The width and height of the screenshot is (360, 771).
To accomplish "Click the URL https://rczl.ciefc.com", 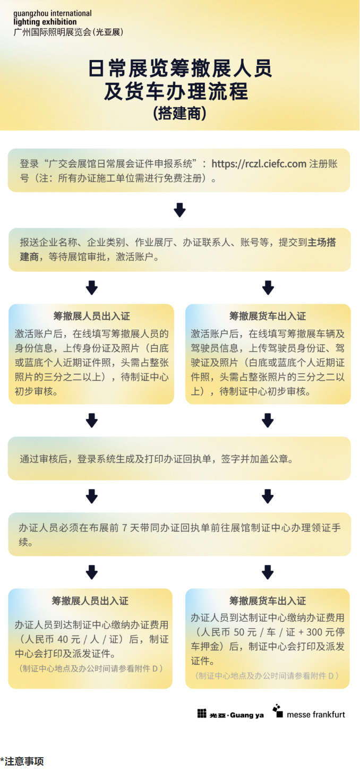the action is pyautogui.click(x=259, y=164).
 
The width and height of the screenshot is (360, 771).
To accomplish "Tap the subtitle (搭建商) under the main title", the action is pyautogui.click(x=179, y=113).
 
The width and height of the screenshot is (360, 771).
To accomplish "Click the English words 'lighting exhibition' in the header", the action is pyautogui.click(x=45, y=22).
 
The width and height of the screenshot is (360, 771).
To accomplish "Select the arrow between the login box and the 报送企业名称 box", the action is pyautogui.click(x=179, y=210).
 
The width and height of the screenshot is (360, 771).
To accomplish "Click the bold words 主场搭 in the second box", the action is pyautogui.click(x=322, y=242).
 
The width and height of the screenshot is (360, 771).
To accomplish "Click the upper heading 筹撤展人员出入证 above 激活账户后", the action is pyautogui.click(x=91, y=316).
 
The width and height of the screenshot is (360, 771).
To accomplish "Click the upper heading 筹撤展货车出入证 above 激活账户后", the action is pyautogui.click(x=268, y=316).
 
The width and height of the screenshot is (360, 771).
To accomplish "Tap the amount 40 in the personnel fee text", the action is pyautogui.click(x=63, y=639).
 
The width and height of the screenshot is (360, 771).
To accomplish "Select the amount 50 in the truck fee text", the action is pyautogui.click(x=239, y=632).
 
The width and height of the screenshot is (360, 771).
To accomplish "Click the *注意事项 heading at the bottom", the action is pyautogui.click(x=22, y=761).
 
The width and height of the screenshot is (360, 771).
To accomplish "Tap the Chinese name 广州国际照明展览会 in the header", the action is pyautogui.click(x=53, y=32).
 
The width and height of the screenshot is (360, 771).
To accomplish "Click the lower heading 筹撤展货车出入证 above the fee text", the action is pyautogui.click(x=268, y=601).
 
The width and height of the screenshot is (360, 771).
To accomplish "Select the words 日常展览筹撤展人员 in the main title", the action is pyautogui.click(x=180, y=68).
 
